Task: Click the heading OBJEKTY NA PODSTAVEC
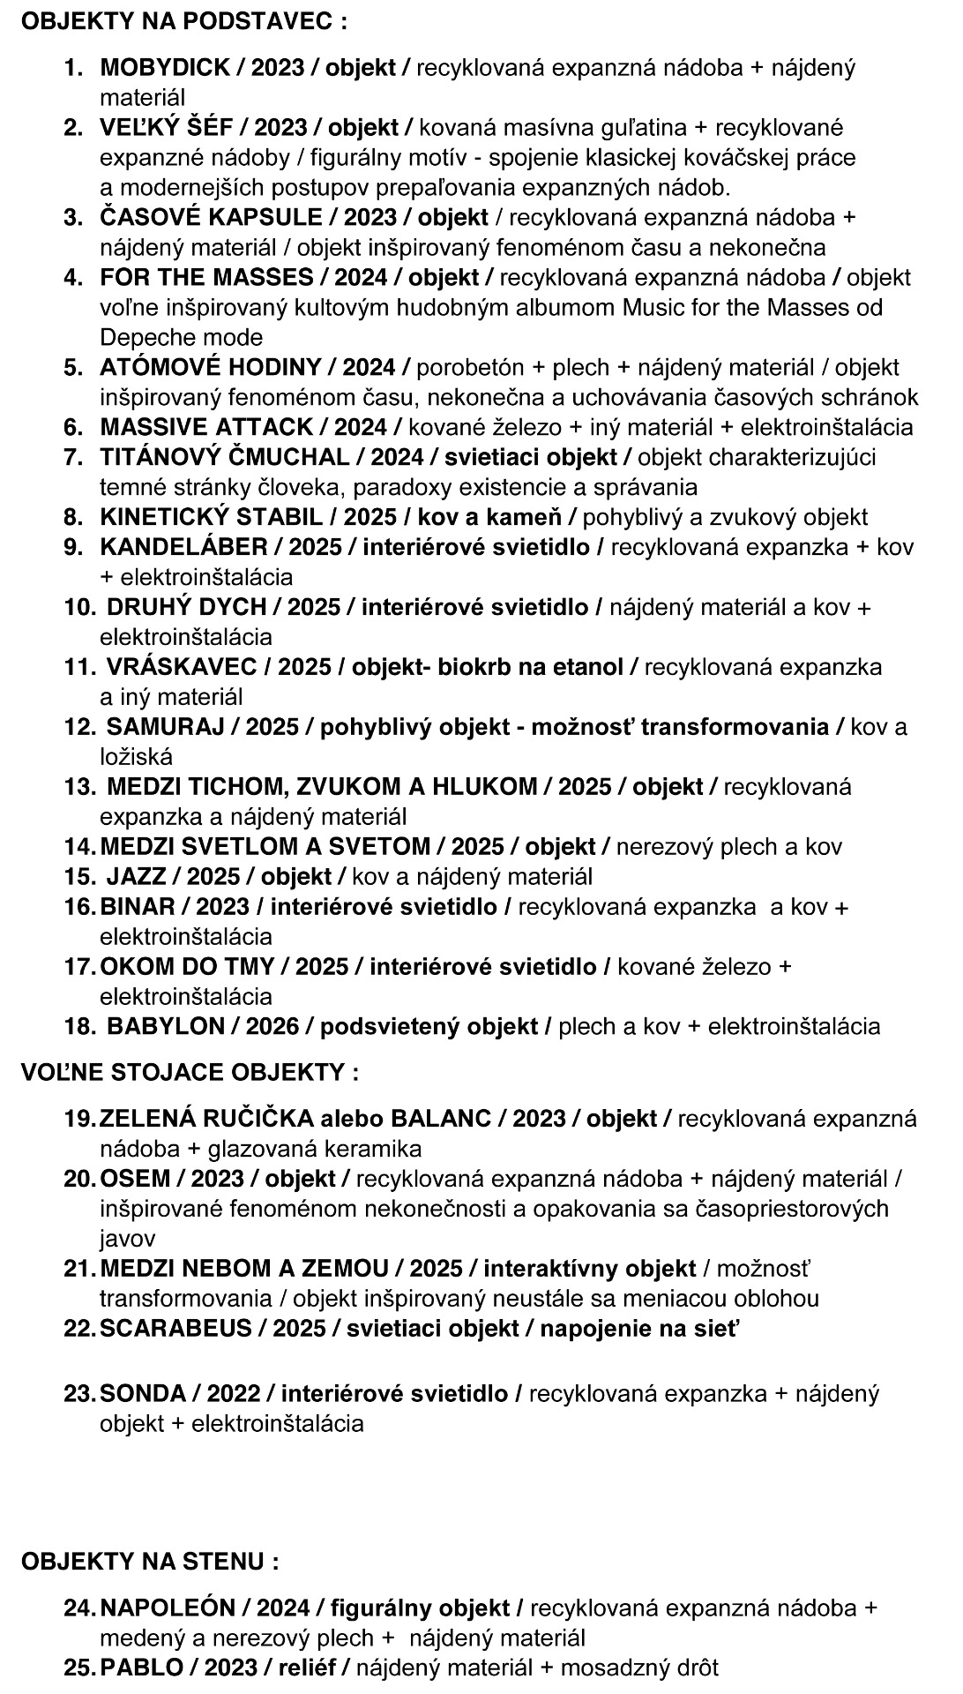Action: [x=183, y=22]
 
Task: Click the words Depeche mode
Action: [x=181, y=337]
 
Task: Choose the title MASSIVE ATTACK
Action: [x=206, y=427]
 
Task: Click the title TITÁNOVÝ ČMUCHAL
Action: [x=224, y=457]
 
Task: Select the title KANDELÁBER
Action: [x=183, y=547]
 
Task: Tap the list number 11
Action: [x=78, y=667]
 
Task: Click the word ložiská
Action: [x=136, y=756]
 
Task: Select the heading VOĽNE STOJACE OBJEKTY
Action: [x=190, y=1072]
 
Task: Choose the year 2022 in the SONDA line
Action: [x=233, y=1393]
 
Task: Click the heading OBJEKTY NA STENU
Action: [x=150, y=1561]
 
